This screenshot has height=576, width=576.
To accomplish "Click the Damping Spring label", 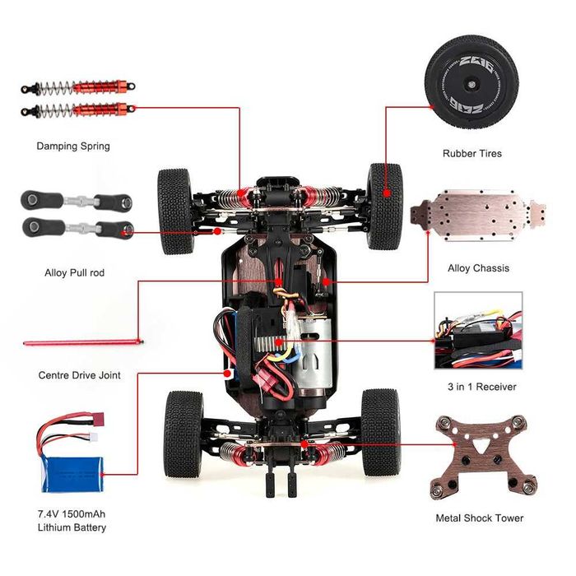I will pos(72,146).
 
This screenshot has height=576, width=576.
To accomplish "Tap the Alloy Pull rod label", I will pos(74,272).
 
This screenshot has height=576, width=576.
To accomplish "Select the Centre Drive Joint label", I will pos(79,375).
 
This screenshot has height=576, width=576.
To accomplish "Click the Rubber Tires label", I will pos(471,153).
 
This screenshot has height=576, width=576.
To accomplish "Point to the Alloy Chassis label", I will pos(478,268).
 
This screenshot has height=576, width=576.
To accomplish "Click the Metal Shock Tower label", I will pos(479,518).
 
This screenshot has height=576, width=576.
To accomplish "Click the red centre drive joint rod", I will pos(82,341).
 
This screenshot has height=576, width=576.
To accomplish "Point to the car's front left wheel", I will pos(174,211).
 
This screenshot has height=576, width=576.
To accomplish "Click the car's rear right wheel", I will pos(380,432).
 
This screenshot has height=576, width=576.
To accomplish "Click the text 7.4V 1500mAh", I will pos(72,513).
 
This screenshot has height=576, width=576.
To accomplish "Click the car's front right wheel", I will pos(385,205).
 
